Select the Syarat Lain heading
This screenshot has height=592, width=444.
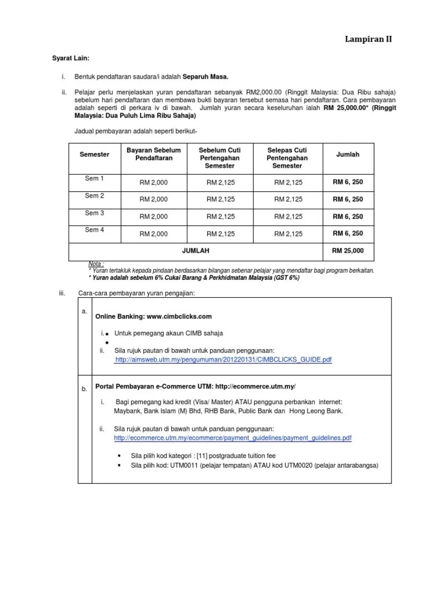pos(71,58)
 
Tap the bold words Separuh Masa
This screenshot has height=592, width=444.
pos(206,76)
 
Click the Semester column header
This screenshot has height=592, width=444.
pos(94,155)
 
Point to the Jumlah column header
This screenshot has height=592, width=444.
pos(347,154)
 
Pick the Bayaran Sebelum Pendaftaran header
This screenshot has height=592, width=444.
pos(153,154)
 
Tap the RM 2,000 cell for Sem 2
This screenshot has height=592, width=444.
pos(153,199)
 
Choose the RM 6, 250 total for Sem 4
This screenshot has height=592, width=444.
pos(348,234)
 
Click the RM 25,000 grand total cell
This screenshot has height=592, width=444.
pos(348,251)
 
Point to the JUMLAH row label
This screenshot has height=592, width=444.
pos(195,251)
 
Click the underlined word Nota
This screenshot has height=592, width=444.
pos(95,264)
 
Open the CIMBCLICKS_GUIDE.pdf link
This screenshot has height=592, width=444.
pos(223,360)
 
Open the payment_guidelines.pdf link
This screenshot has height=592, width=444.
pos(232,439)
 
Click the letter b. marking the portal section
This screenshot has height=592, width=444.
pos(84,389)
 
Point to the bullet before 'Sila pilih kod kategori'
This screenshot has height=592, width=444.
pos(119,456)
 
